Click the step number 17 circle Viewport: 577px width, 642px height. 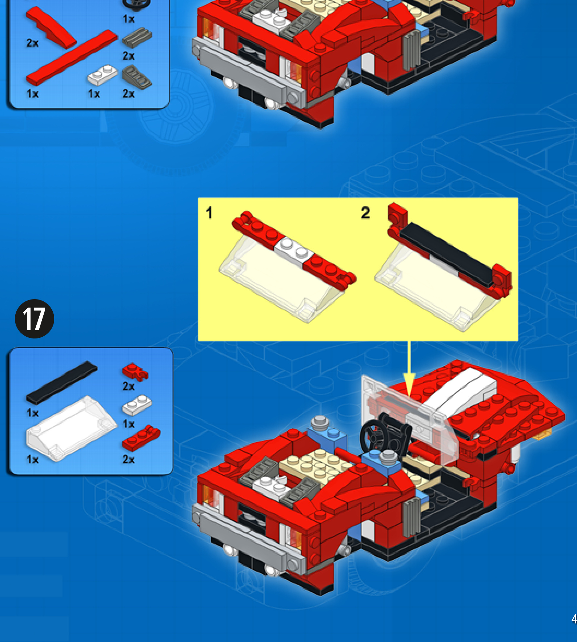coord(35,319)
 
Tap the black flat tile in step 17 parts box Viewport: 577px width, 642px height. coord(61,383)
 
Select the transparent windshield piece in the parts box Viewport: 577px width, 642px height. coord(71,429)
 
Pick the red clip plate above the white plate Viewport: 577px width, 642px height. coord(135,371)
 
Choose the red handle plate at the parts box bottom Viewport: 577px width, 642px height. coord(141,437)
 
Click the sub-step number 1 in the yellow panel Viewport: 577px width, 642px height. coord(209,213)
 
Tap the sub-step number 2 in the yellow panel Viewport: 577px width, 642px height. coord(365,213)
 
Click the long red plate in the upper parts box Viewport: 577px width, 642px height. coord(72,58)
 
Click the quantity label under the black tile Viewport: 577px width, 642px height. coord(32,413)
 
